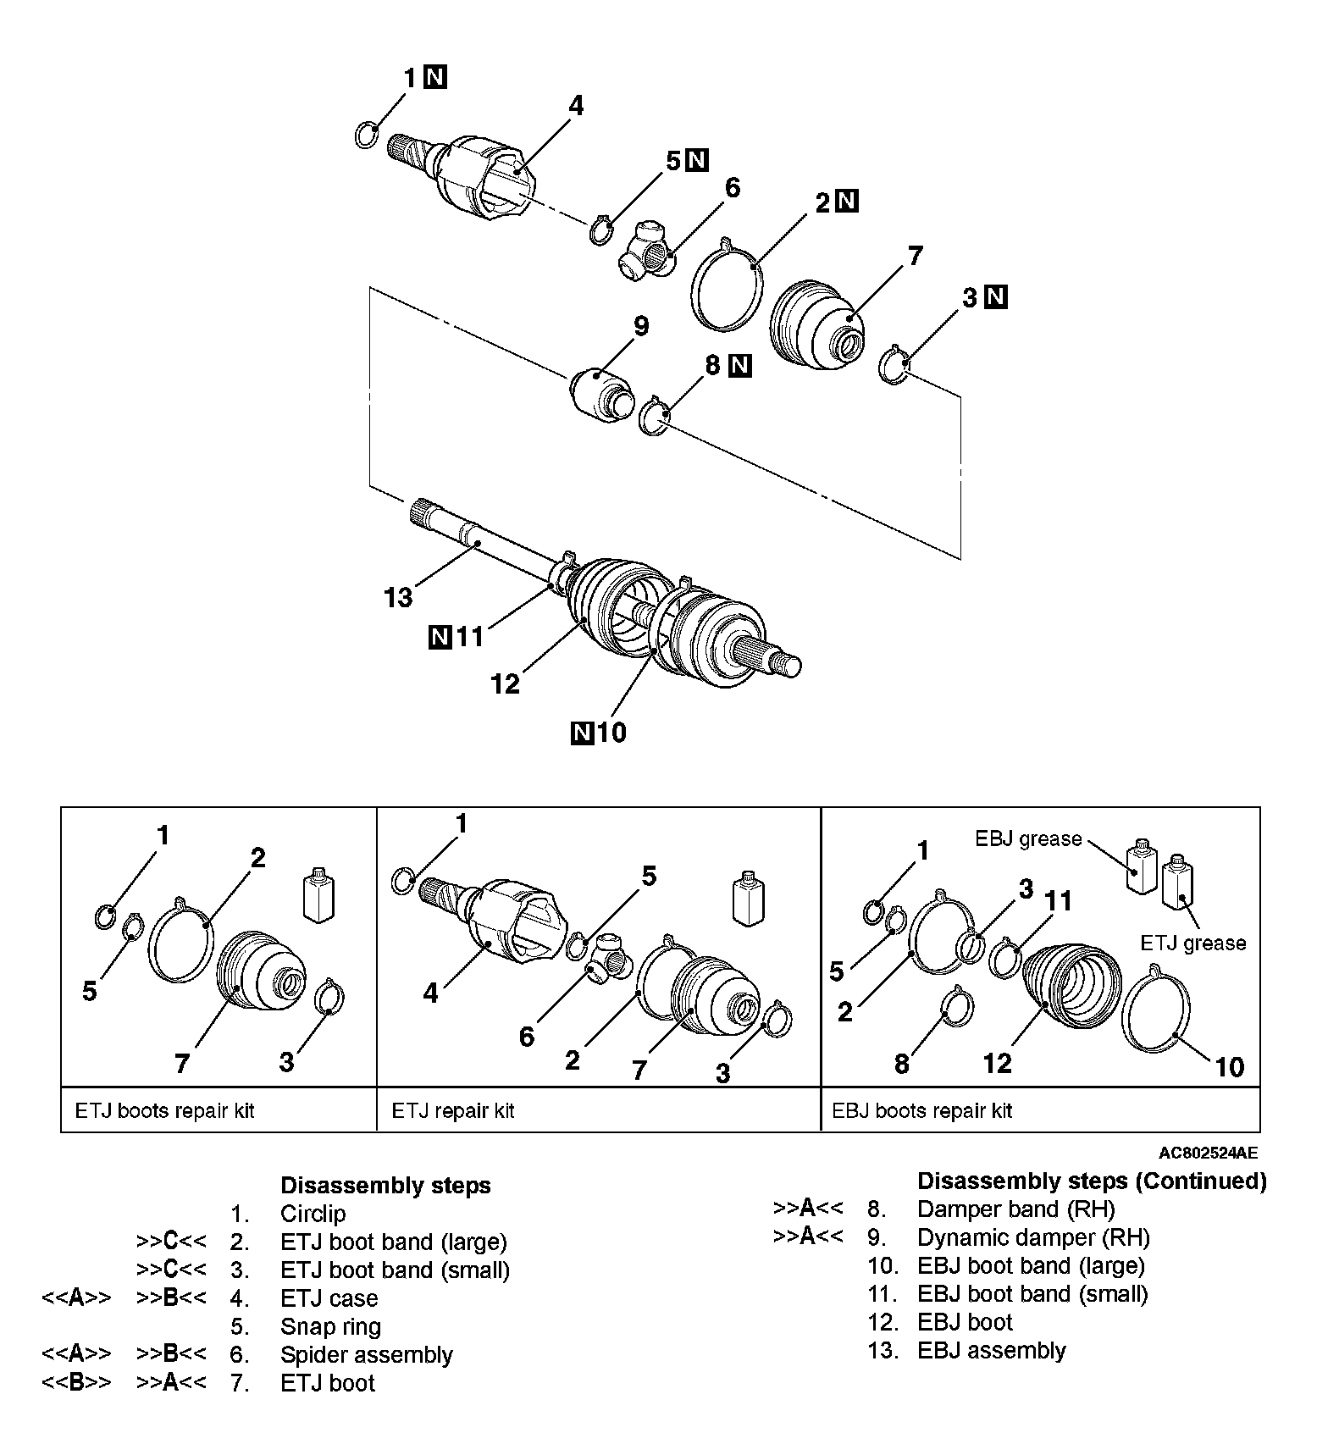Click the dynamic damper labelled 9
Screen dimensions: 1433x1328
tap(600, 390)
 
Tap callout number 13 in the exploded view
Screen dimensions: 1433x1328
tap(398, 597)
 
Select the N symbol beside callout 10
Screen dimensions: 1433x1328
tap(583, 731)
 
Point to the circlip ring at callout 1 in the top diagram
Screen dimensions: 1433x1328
tap(366, 134)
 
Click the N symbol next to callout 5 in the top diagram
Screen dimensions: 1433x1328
tap(697, 159)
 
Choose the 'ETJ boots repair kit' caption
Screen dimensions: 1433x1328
tap(164, 1110)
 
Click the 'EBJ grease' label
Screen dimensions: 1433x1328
tap(1028, 838)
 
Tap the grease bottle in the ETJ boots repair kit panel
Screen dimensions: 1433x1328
tap(318, 894)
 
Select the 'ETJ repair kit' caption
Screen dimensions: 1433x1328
tap(453, 1110)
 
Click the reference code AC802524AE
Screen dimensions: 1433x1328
tap(1209, 1153)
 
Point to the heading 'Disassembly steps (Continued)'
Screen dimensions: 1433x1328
tap(1092, 1181)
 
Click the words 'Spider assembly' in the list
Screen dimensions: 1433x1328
tap(366, 1354)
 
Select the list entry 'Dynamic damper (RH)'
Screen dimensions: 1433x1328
tap(1033, 1237)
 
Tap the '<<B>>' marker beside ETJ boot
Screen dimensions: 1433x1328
tap(76, 1383)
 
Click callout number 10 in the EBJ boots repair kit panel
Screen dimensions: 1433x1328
tap(1229, 1066)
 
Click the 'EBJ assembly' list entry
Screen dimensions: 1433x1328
tap(991, 1350)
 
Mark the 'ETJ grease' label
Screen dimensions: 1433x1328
tap(1192, 943)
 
